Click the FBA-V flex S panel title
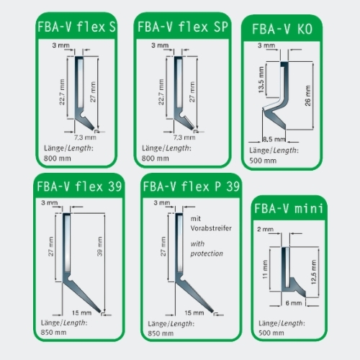(76, 27)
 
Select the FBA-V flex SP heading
(183, 27)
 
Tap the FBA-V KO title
(282, 30)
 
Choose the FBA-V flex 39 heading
(79, 186)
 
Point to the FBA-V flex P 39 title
(192, 186)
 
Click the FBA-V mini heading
(289, 208)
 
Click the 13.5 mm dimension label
(261, 80)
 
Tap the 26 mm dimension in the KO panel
(307, 96)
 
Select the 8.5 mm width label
(274, 139)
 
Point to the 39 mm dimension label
(100, 246)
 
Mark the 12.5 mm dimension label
(314, 272)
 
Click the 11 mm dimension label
(265, 269)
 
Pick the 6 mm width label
(294, 303)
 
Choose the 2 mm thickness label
(265, 229)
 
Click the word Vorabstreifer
(211, 228)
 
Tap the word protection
(207, 253)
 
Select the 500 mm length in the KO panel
(263, 161)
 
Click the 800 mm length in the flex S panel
(58, 158)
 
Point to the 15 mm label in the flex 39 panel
(81, 313)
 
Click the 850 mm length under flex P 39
(161, 333)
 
